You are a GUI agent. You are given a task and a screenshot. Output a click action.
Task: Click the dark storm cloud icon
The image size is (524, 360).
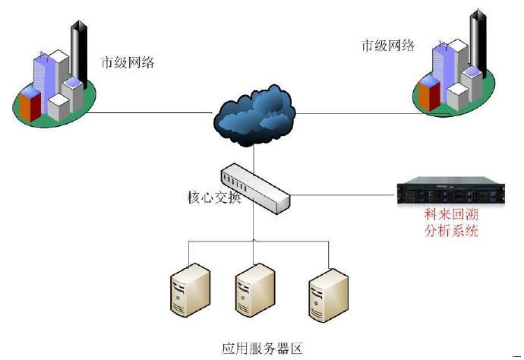coord(254,113)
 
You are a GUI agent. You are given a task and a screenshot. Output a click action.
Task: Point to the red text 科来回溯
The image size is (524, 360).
coord(451,216)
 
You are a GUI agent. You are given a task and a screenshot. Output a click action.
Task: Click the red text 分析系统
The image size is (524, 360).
coord(451,232)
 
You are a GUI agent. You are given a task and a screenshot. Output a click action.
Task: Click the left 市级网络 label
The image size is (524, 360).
coord(128,62)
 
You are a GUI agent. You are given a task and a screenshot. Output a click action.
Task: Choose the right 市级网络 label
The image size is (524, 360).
coord(388,45)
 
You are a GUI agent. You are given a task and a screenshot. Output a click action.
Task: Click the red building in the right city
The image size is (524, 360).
coord(428,96)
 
